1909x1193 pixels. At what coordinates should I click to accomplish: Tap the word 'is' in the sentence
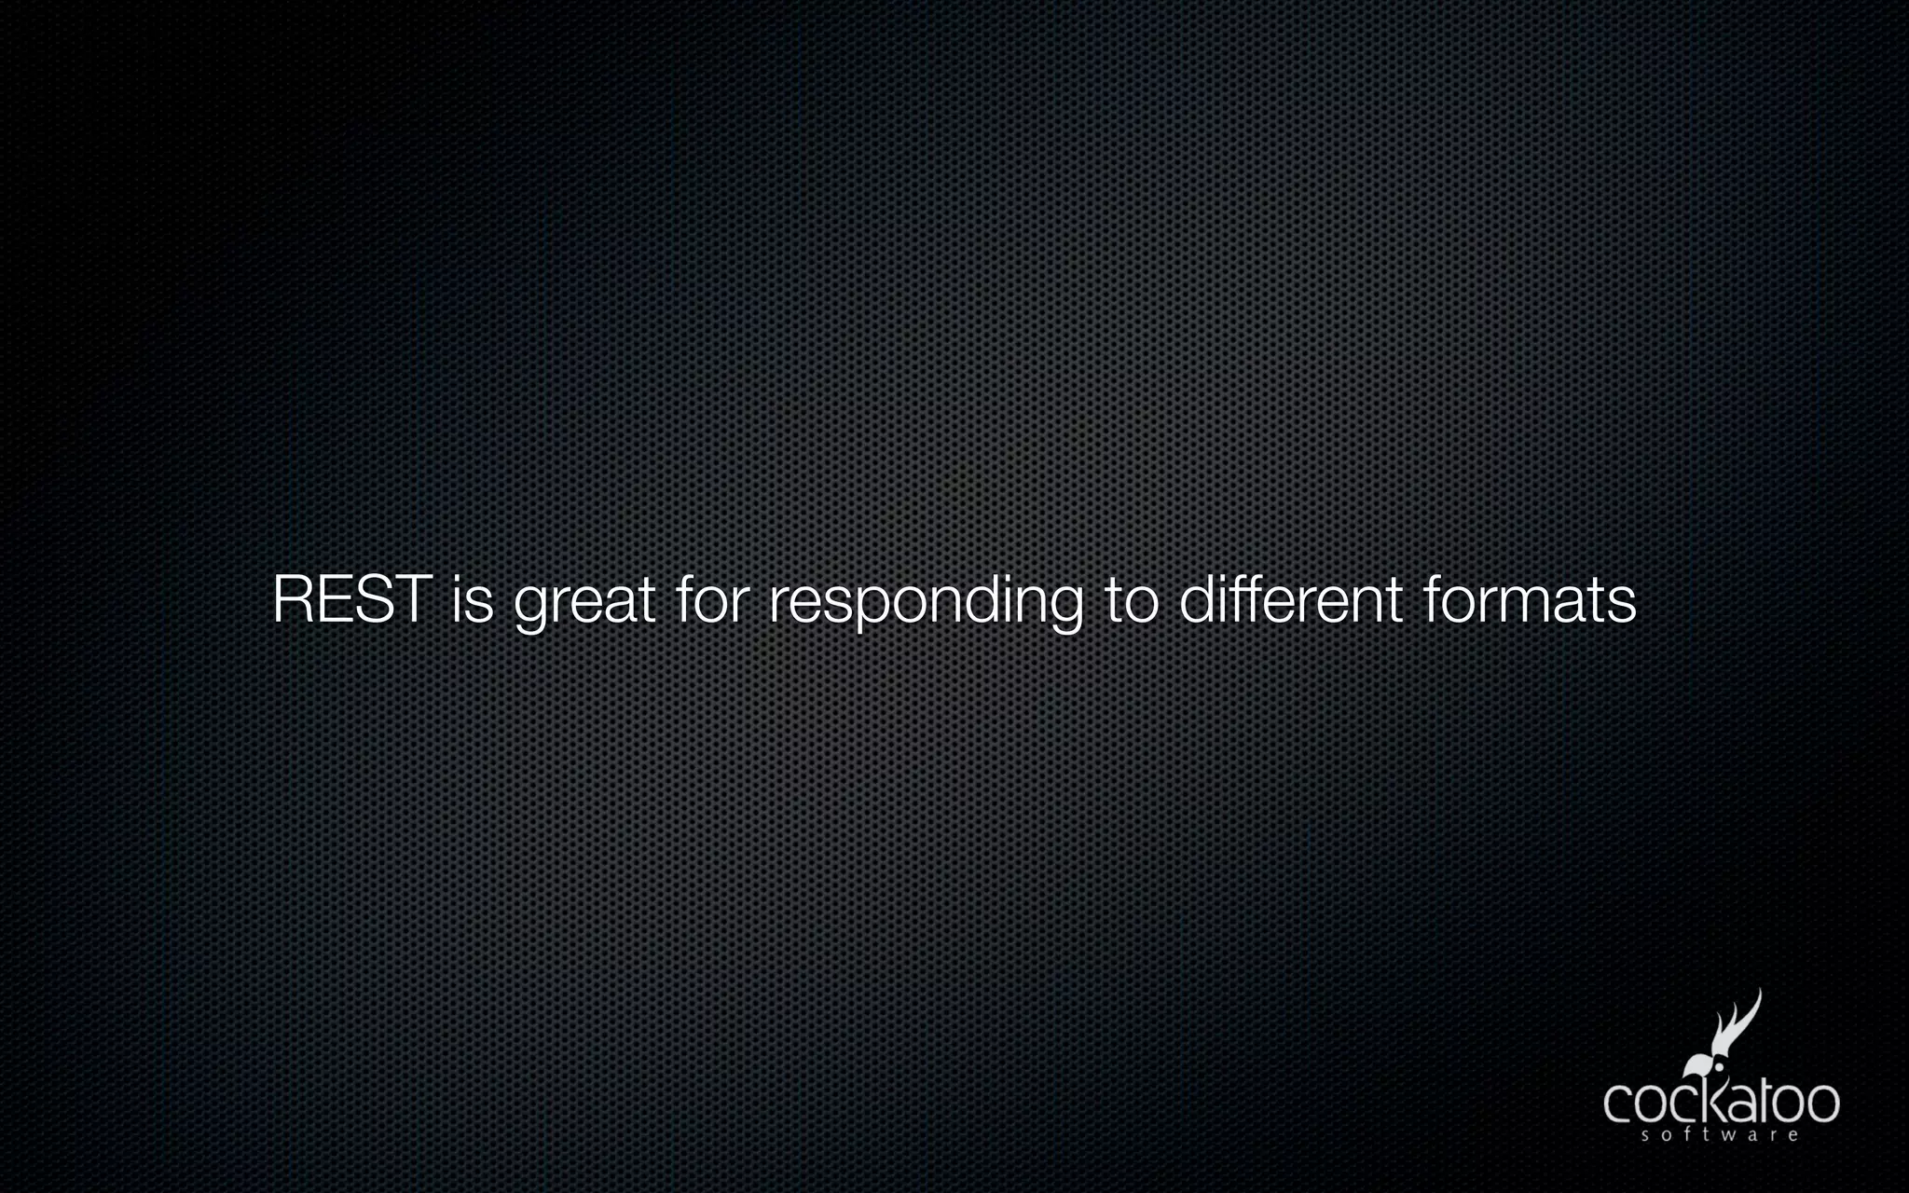click(472, 600)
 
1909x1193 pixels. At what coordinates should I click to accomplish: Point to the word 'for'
click(711, 600)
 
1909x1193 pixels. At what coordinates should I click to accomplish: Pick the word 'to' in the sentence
click(1132, 602)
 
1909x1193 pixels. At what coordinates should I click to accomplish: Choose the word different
click(1291, 600)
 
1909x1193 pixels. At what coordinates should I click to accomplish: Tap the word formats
click(1529, 600)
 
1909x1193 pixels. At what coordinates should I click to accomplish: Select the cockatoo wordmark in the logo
click(1721, 1103)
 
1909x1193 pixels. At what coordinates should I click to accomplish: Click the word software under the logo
click(1720, 1135)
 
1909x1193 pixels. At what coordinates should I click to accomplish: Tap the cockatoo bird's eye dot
click(1719, 1067)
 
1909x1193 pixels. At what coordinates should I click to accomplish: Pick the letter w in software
click(1727, 1135)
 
